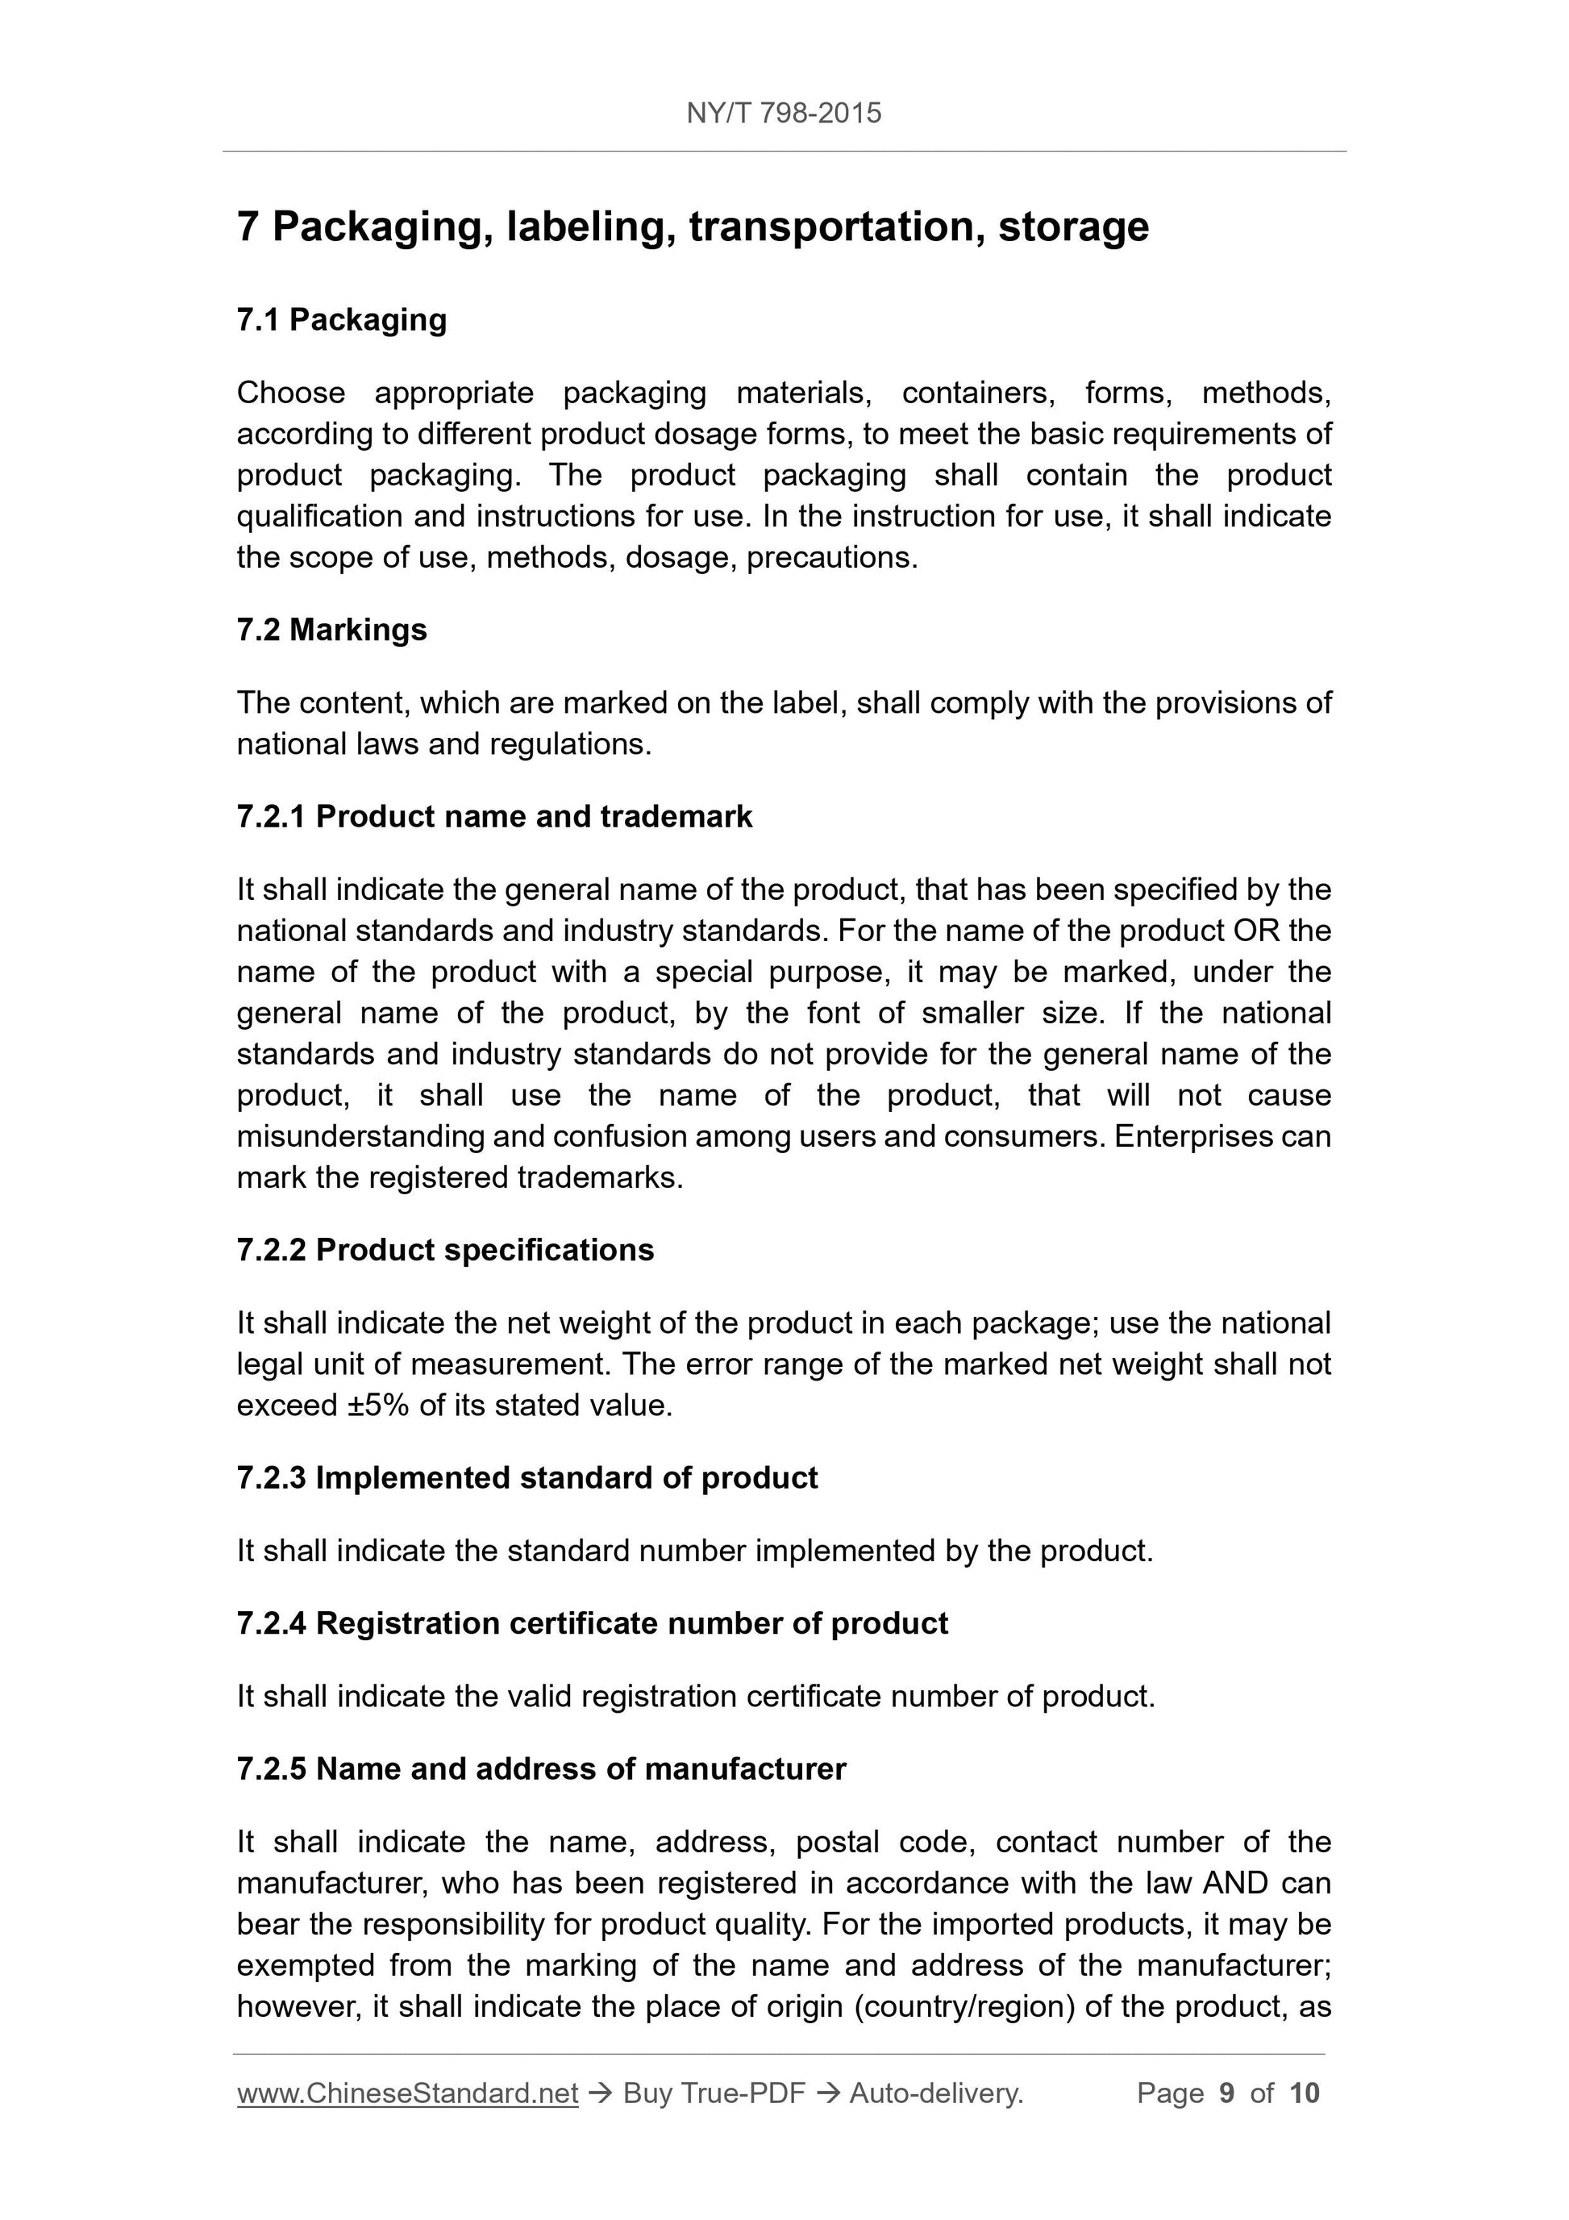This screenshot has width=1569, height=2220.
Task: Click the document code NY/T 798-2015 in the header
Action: tap(783, 113)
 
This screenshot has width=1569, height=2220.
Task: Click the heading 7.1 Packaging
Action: tap(341, 319)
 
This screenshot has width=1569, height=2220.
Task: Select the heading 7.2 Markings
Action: tap(331, 630)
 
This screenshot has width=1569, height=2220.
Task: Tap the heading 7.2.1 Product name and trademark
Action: tap(494, 816)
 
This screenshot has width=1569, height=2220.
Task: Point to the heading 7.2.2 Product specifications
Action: tap(445, 1249)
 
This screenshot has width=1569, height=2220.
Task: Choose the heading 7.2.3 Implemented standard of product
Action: tap(526, 1477)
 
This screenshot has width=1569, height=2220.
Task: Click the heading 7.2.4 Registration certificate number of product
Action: tap(592, 1622)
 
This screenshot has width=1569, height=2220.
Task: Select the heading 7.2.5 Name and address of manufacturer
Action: tap(540, 1768)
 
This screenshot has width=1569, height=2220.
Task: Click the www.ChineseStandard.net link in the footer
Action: tap(407, 2093)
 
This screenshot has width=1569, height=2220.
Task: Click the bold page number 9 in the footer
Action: tap(1227, 2093)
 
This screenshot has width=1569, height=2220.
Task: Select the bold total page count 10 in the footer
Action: tap(1304, 2093)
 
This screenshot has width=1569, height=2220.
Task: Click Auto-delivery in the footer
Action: tap(936, 2093)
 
